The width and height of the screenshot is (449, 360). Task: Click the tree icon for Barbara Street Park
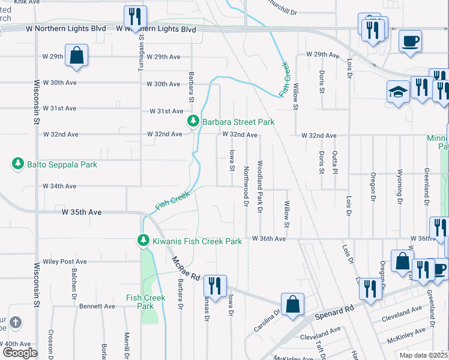pos(193,122)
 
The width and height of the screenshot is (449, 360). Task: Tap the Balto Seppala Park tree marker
pos(18,164)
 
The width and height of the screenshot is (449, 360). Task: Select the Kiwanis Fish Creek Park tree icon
pos(143,241)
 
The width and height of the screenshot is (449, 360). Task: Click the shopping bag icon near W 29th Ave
pos(77,55)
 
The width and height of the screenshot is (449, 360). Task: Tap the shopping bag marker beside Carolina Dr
pos(292,304)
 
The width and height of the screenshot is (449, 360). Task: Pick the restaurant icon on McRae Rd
pos(214,284)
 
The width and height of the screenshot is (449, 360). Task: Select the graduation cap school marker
pos(398,92)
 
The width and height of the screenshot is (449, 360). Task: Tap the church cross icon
pos(15,323)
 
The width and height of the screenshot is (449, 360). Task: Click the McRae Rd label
pos(184,269)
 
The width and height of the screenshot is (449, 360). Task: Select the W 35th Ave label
pos(82,212)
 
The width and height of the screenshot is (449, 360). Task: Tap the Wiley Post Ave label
pos(65,262)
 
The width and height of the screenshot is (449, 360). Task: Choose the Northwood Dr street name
pos(246,186)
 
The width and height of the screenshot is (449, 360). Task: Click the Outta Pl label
pos(335,162)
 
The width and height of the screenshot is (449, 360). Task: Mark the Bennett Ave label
pos(97,306)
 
